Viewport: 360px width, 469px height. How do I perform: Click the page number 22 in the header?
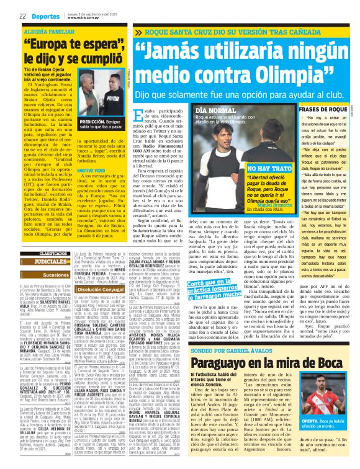[x=22, y=16]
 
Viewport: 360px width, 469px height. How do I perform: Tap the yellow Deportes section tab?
[x=44, y=16]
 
